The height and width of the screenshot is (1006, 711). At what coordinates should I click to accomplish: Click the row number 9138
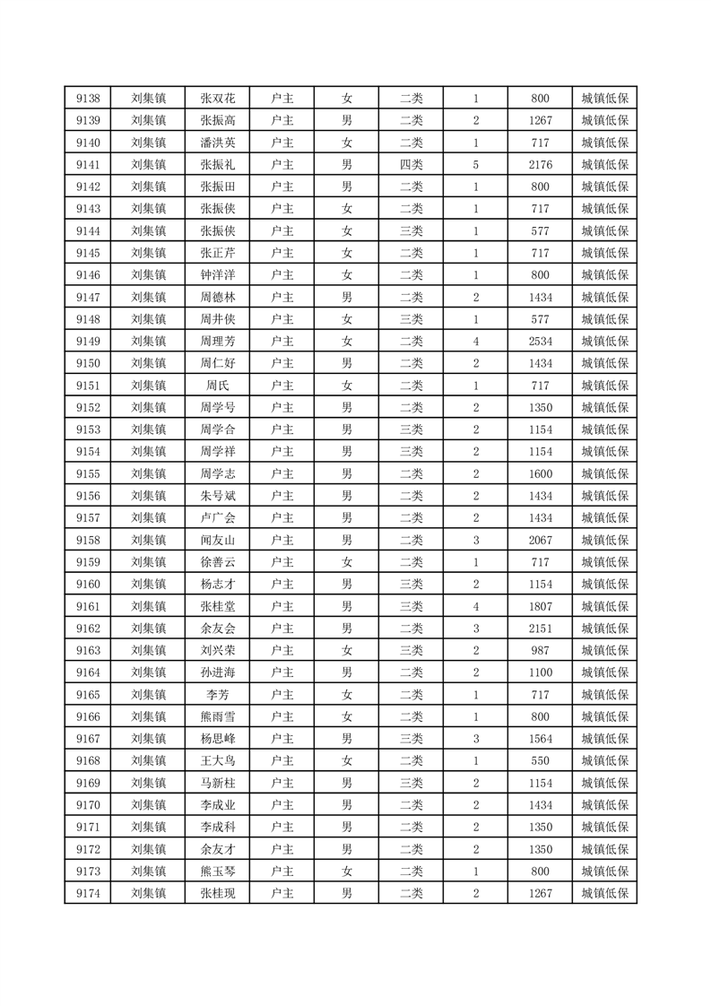click(88, 99)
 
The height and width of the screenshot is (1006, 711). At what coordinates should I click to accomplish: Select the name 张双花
click(218, 99)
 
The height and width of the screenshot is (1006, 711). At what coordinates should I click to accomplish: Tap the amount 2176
click(540, 165)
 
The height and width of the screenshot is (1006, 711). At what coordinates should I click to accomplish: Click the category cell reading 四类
click(412, 165)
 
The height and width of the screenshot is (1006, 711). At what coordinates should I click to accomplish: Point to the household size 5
click(475, 165)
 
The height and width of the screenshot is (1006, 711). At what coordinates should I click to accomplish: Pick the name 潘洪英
click(218, 143)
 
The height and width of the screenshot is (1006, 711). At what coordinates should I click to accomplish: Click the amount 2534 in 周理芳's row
click(540, 341)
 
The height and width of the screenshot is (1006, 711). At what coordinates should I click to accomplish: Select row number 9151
click(88, 386)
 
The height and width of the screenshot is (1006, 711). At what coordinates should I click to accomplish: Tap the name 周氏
click(218, 386)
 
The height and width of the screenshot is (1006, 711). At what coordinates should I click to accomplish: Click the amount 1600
click(540, 473)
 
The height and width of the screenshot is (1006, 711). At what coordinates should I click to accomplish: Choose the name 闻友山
click(218, 540)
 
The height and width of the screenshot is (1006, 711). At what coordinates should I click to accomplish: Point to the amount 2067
click(540, 540)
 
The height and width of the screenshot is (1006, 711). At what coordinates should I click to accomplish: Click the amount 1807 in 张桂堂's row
click(540, 606)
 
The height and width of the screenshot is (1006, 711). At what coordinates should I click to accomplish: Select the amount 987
click(540, 650)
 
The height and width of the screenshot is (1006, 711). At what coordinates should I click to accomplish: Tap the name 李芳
click(218, 694)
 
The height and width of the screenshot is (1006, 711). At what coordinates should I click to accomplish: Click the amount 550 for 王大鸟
click(540, 760)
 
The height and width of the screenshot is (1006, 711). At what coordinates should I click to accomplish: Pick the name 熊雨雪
click(218, 716)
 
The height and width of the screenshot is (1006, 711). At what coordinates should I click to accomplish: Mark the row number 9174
click(88, 893)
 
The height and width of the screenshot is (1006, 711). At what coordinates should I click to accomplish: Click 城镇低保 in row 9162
click(604, 629)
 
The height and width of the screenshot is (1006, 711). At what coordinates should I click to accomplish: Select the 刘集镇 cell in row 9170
click(148, 804)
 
